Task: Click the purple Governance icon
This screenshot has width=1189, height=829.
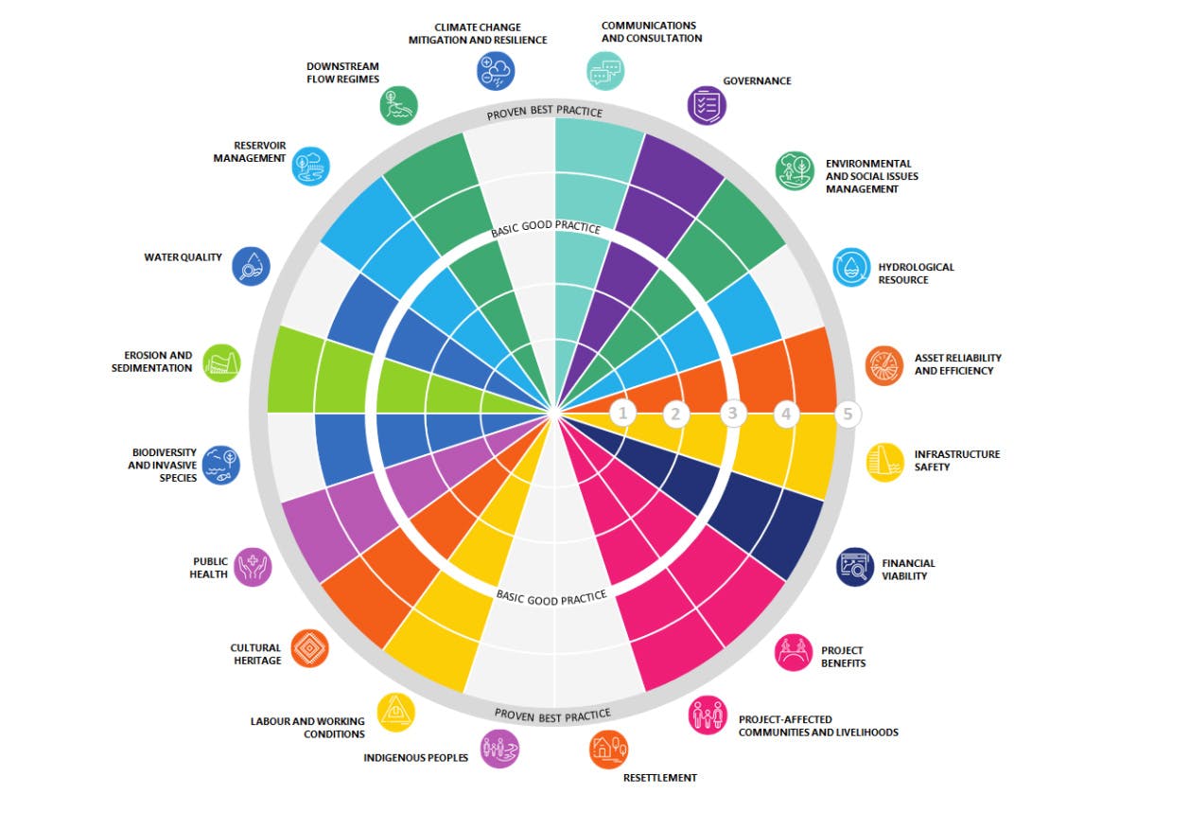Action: coord(707,105)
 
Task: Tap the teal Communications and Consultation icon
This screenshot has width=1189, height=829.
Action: coord(605,71)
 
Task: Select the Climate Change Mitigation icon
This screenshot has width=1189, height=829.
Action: coord(496,71)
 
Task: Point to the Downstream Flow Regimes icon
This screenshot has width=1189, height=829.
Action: coord(398,105)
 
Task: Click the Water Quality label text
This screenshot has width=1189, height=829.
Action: coord(183,257)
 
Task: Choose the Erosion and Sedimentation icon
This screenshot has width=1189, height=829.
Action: coord(221,363)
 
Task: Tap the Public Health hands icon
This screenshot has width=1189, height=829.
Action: coord(253,567)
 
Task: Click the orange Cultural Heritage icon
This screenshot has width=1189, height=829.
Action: coord(309,648)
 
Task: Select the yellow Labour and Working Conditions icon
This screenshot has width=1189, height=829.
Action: coord(395,713)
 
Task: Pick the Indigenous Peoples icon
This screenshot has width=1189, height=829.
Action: coord(499,749)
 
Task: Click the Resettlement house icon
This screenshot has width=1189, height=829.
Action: coord(608,750)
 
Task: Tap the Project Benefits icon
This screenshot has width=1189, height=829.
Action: coord(793,652)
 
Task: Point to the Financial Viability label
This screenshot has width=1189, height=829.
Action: coord(908,570)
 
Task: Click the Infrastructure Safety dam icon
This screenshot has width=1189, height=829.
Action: coord(884,463)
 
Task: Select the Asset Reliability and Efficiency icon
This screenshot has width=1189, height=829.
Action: coord(883,365)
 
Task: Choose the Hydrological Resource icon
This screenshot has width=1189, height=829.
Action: coord(851,267)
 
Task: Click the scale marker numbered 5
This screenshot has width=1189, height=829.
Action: coord(848,414)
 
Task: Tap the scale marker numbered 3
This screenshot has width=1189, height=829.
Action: coord(732,414)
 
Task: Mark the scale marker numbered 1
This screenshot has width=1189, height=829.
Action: coord(622,414)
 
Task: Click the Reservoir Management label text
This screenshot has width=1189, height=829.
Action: coord(250,151)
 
